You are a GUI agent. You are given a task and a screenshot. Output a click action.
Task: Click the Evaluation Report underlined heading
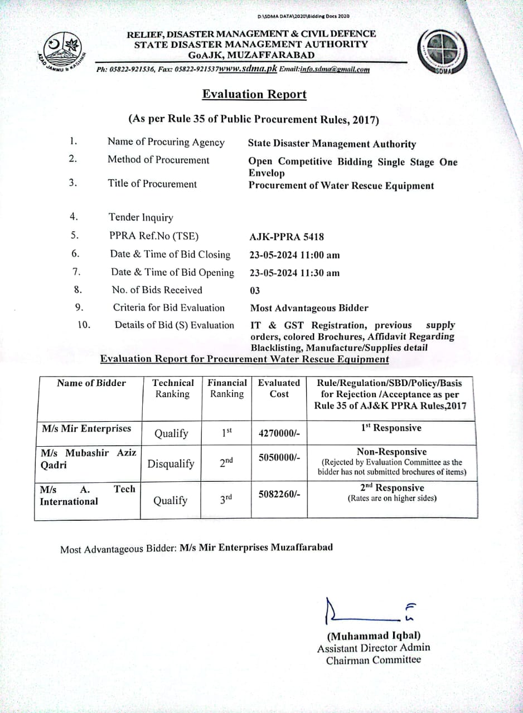pyautogui.click(x=254, y=94)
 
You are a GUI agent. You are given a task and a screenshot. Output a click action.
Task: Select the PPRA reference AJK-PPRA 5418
pyautogui.click(x=287, y=237)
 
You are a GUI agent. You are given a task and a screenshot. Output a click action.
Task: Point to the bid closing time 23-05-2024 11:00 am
pyautogui.click(x=294, y=255)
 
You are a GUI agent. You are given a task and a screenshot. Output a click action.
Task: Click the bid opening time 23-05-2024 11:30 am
pyautogui.click(x=294, y=273)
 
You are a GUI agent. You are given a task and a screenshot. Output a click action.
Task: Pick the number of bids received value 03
pyautogui.click(x=255, y=290)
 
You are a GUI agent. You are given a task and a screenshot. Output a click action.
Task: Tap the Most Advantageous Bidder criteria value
pyautogui.click(x=309, y=308)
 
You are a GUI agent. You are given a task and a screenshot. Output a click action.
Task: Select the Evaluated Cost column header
pyautogui.click(x=279, y=388)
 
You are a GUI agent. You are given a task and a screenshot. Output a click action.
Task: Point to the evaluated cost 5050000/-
pyautogui.click(x=279, y=457)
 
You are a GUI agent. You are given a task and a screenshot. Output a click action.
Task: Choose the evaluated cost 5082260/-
pyautogui.click(x=279, y=494)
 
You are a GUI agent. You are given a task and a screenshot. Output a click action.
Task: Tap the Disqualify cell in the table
pyautogui.click(x=171, y=463)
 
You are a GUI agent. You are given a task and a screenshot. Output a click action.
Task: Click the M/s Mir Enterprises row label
pyautogui.click(x=86, y=428)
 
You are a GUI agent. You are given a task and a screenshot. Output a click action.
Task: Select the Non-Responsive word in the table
pyautogui.click(x=391, y=452)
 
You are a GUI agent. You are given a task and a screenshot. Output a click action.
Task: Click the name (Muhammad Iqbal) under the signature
pyautogui.click(x=374, y=636)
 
